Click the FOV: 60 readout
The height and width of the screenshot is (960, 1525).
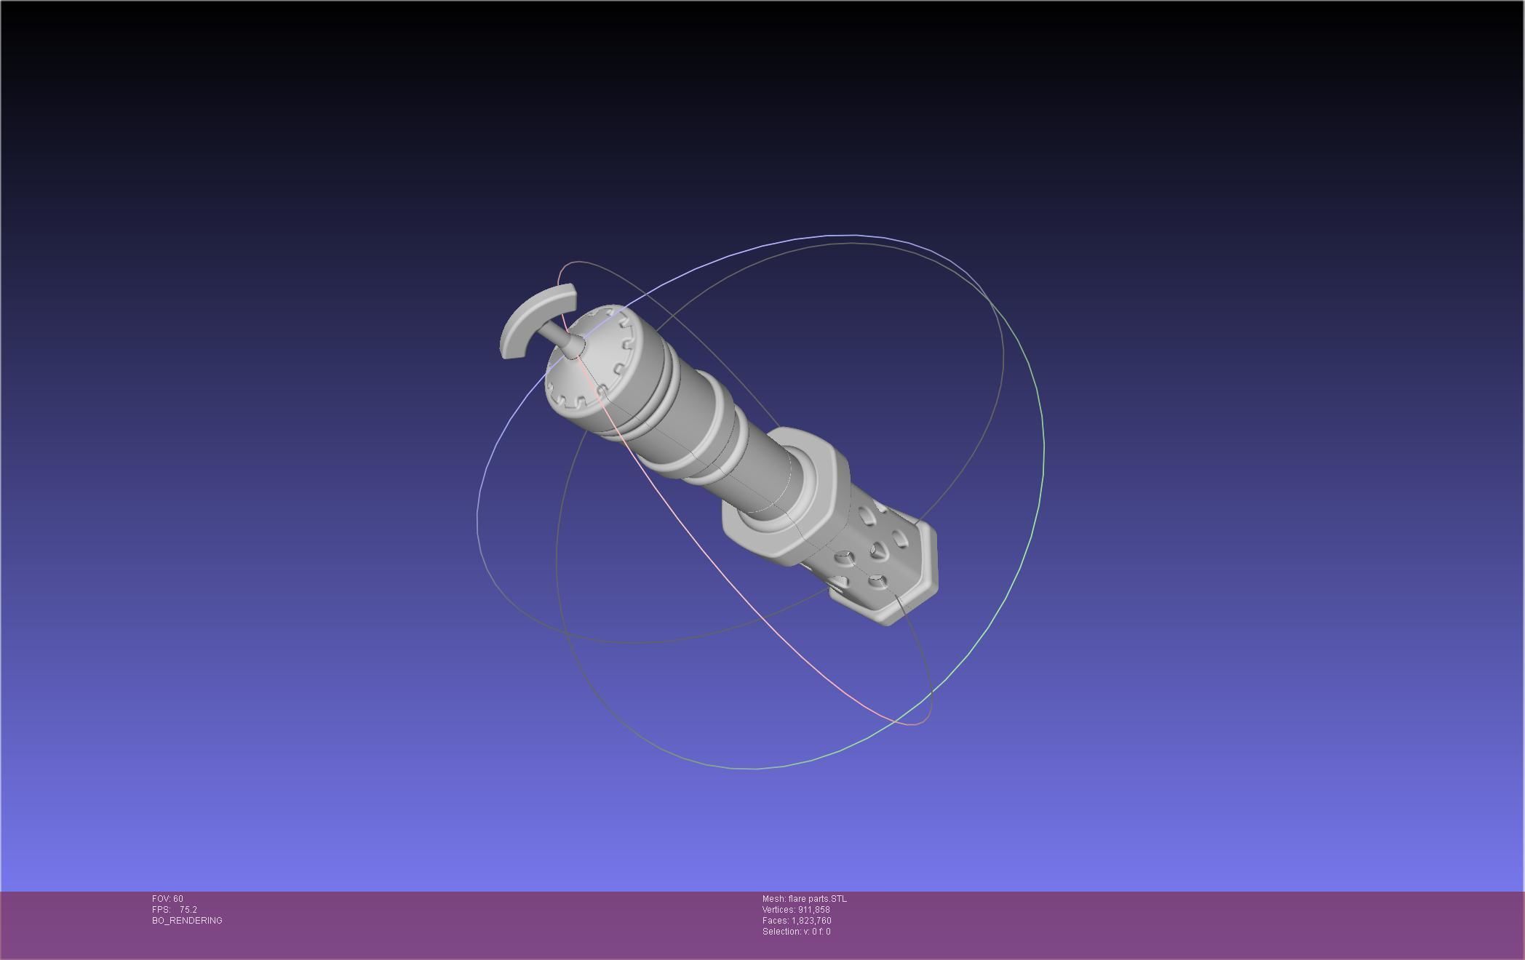167,899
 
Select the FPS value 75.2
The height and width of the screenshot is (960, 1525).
188,910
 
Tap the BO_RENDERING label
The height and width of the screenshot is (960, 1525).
187,921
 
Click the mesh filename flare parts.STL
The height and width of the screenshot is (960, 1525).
817,899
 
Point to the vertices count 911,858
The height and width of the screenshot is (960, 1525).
813,910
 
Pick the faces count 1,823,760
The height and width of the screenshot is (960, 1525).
811,921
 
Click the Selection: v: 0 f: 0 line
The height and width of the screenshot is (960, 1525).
796,932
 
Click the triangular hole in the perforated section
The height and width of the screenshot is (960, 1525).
878,553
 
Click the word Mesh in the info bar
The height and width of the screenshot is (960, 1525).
773,899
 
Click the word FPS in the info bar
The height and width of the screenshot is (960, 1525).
160,910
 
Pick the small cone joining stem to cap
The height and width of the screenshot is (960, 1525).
573,348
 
